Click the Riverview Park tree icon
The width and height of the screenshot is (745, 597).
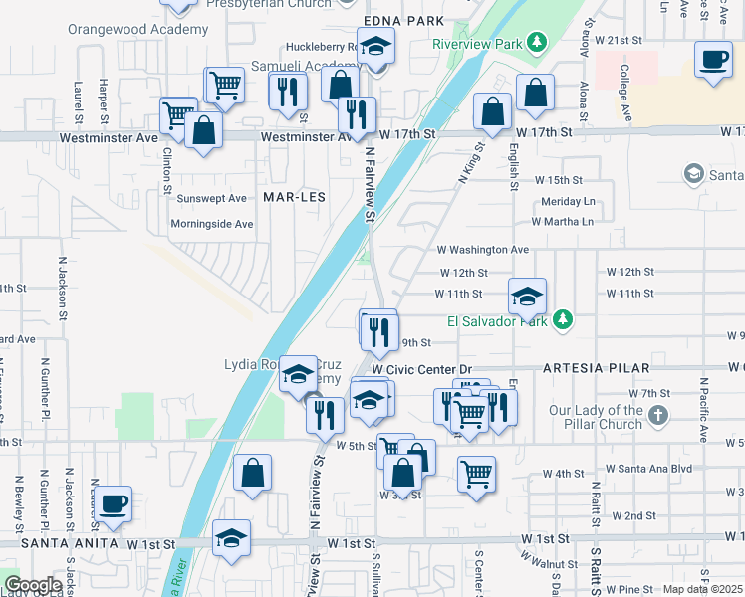point(538,42)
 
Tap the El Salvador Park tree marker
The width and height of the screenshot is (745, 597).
point(564,320)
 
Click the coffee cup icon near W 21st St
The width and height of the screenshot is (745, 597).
point(713,62)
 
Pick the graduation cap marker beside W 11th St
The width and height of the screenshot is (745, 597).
point(527,296)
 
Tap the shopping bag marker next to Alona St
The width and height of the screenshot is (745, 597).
point(535,94)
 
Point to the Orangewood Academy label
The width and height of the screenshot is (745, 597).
point(138,29)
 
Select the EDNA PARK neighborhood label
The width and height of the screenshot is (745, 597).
point(403,21)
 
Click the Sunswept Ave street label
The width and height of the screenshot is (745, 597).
point(210,199)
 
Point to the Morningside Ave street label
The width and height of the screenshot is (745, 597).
point(211,224)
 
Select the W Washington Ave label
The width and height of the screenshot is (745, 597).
point(482,250)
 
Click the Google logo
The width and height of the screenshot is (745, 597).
point(32,585)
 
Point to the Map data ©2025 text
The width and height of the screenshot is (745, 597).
point(701,589)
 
